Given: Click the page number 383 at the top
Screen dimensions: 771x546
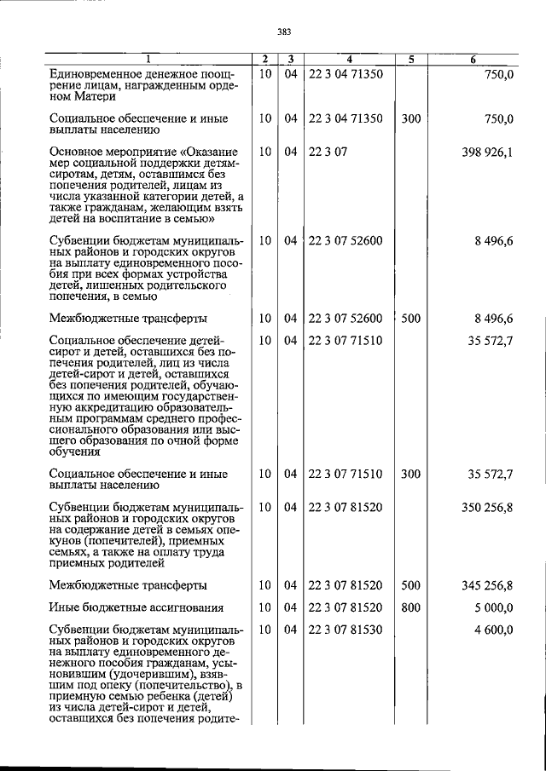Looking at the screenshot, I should click(284, 32).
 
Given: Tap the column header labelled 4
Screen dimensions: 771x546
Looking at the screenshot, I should click(349, 60).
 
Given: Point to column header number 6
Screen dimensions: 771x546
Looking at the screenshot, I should click(473, 60).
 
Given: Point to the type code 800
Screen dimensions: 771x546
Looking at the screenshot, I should click(410, 607).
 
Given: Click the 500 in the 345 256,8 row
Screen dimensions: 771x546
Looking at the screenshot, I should click(410, 585).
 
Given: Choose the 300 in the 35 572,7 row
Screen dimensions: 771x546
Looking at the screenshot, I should click(410, 474).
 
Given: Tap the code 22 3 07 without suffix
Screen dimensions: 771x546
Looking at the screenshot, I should click(325, 152).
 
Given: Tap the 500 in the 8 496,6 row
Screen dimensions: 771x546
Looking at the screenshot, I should click(410, 319).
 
